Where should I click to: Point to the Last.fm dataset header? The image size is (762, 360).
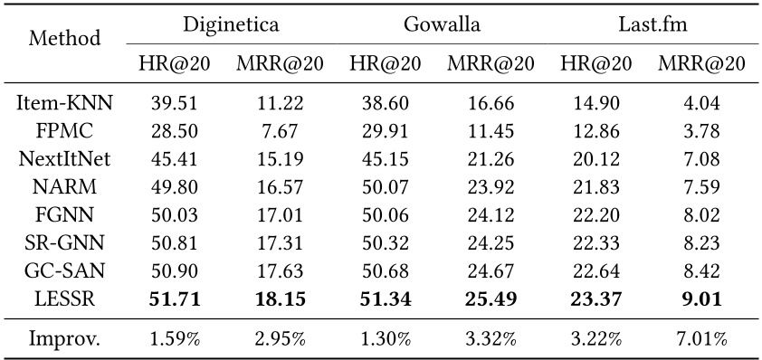pyautogui.click(x=649, y=24)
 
